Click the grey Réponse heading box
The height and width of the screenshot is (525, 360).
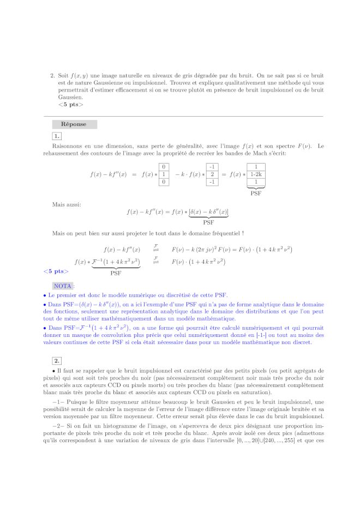(74, 124)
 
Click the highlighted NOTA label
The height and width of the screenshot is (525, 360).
(63, 286)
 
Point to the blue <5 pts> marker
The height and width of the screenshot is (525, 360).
(56, 271)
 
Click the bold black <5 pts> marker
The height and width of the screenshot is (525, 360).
(70, 104)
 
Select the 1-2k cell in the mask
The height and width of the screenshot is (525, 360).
(256, 174)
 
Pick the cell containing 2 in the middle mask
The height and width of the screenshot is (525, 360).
(212, 174)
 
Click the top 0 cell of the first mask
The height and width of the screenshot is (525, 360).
(164, 167)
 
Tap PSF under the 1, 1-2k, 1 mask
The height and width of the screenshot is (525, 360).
(256, 192)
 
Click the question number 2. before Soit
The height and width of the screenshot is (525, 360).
(52, 76)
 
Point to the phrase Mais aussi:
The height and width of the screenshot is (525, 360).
(67, 204)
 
